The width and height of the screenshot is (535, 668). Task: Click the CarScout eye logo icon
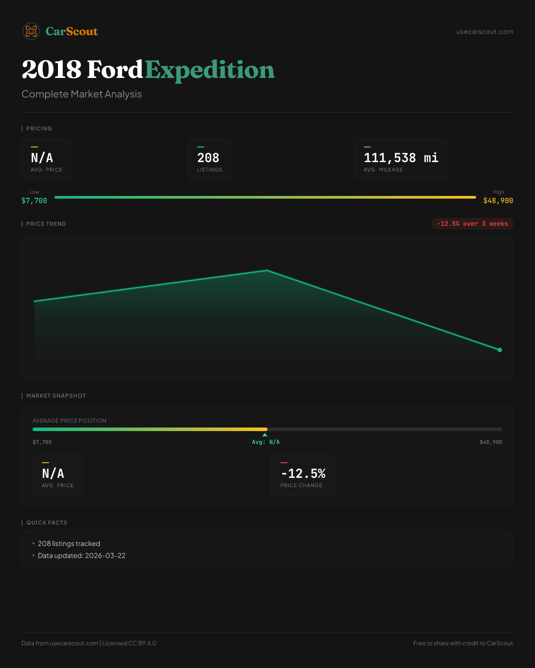(x=31, y=31)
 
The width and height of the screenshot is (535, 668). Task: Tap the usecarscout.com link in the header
(x=485, y=32)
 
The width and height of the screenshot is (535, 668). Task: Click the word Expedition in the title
(x=210, y=70)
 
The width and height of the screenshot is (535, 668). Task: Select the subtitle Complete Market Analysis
(x=82, y=94)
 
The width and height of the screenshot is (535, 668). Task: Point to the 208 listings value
(x=208, y=158)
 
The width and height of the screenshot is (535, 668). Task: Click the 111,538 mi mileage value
(x=401, y=158)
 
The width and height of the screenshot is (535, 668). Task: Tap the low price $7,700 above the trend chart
(x=34, y=201)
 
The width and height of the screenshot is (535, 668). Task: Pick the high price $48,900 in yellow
(x=498, y=201)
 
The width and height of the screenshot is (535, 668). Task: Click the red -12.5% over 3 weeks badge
(x=472, y=224)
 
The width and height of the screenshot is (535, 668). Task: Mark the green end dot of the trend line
(x=500, y=350)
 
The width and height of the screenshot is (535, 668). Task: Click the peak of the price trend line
(x=267, y=270)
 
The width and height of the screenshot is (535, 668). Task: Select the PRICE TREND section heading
(x=46, y=224)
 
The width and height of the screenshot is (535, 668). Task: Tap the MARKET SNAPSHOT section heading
(x=56, y=396)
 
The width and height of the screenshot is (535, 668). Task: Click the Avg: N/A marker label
(x=266, y=442)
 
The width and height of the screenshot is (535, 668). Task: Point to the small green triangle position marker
(x=265, y=435)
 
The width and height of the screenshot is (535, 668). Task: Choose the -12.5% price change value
(x=303, y=474)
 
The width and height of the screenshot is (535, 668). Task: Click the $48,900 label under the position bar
(x=491, y=442)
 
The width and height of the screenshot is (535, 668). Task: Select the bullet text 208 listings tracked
(x=69, y=544)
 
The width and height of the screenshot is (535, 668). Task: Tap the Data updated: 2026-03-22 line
(x=82, y=556)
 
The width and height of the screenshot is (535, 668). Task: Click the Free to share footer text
(x=463, y=644)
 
